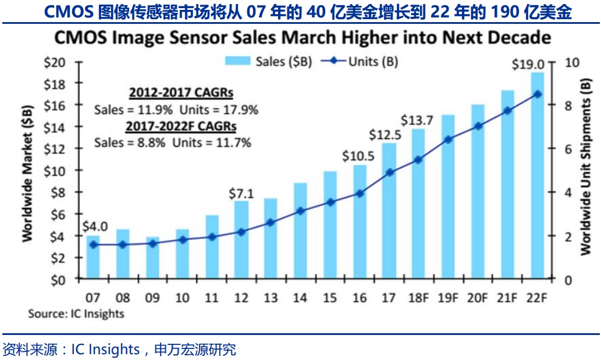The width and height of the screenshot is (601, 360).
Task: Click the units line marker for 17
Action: [389, 172]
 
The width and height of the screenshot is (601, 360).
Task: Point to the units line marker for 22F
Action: [537, 94]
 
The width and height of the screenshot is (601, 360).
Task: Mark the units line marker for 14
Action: [300, 211]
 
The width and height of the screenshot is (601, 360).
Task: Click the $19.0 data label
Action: [528, 64]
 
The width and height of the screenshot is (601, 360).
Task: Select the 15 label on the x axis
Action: [330, 298]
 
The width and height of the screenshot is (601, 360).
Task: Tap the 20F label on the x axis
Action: [478, 298]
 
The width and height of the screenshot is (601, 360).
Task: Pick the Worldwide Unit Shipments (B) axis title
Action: [586, 169]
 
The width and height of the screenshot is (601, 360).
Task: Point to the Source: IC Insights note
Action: [76, 313]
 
